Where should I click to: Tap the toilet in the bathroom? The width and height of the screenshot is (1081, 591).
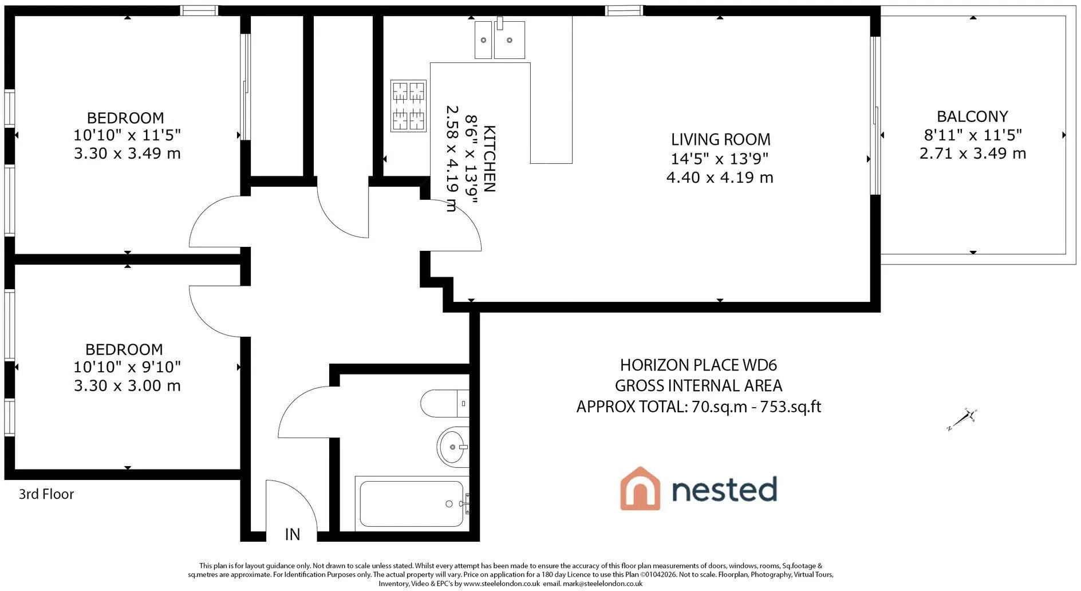pyautogui.click(x=445, y=404)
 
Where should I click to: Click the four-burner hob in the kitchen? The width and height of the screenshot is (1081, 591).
pyautogui.click(x=408, y=106)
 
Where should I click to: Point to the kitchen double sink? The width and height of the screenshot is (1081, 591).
pyautogui.click(x=500, y=38)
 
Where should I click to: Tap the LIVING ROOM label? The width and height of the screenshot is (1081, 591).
pyautogui.click(x=720, y=139)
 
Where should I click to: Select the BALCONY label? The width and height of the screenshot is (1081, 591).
pyautogui.click(x=972, y=116)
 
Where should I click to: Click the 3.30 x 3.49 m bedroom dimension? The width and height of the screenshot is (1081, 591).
pyautogui.click(x=127, y=153)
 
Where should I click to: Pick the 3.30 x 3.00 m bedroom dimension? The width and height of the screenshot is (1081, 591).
pyautogui.click(x=127, y=385)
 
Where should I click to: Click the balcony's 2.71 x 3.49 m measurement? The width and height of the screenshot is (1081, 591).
pyautogui.click(x=972, y=153)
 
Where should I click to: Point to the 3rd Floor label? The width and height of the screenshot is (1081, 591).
pyautogui.click(x=46, y=494)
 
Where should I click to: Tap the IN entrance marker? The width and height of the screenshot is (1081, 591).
pyautogui.click(x=292, y=534)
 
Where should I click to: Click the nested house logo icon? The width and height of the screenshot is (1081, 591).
pyautogui.click(x=640, y=488)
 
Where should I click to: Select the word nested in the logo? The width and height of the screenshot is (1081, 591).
pyautogui.click(x=724, y=490)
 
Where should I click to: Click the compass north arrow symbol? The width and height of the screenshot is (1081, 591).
pyautogui.click(x=962, y=419)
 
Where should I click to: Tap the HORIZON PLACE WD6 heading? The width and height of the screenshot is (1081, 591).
pyautogui.click(x=699, y=365)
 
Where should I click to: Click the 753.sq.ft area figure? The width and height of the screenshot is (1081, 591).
pyautogui.click(x=790, y=407)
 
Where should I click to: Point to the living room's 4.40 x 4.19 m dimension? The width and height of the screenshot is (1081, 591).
pyautogui.click(x=720, y=178)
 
